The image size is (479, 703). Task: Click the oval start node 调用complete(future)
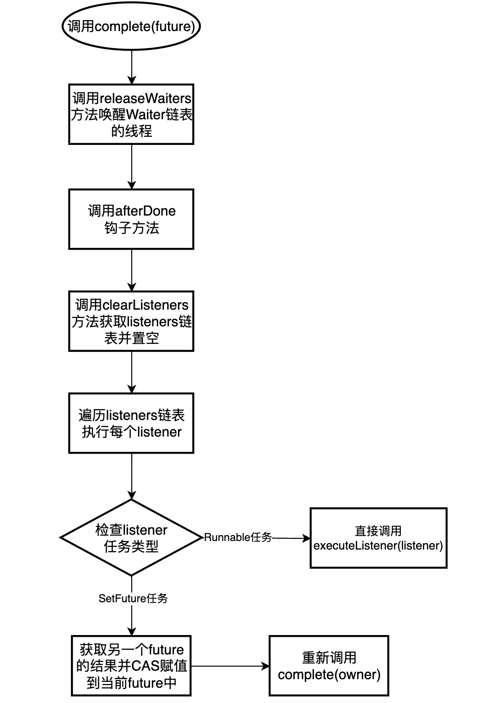(131, 27)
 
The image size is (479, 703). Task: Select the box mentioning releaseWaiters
(131, 114)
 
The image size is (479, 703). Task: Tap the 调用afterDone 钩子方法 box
(131, 219)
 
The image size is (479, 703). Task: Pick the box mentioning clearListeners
(131, 321)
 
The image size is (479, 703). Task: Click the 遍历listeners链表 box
(131, 423)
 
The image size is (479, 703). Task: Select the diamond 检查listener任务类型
(131, 537)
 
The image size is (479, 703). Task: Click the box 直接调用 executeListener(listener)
(378, 538)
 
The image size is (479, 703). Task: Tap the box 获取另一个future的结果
(131, 666)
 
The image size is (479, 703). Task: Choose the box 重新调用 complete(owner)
(329, 666)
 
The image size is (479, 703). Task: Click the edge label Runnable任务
(238, 537)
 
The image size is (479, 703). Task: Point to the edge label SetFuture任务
(133, 598)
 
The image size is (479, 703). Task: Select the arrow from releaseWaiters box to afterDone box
(132, 167)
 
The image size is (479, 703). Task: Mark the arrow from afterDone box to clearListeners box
(132, 270)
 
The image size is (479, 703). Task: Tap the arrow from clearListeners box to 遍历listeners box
(132, 372)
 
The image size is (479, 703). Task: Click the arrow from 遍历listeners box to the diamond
(132, 476)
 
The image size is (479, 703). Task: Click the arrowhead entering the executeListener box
(307, 538)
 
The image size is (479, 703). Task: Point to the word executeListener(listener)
(378, 546)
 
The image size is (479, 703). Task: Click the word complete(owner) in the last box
(329, 675)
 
